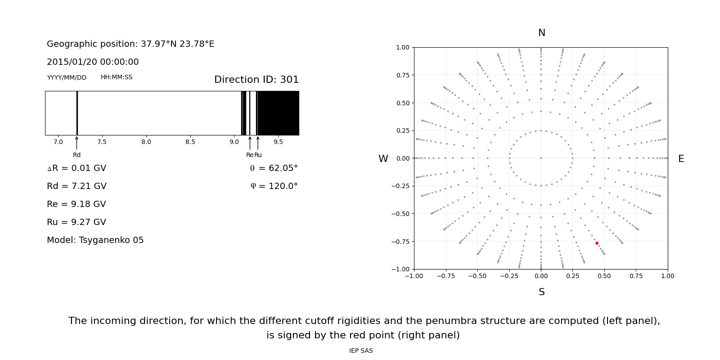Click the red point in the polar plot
pyautogui.click(x=597, y=243)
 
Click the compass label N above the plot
pyautogui.click(x=542, y=33)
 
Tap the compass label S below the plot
pyautogui.click(x=542, y=292)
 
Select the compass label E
pyautogui.click(x=681, y=159)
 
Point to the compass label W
pyautogui.click(x=383, y=159)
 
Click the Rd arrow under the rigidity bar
pyautogui.click(x=77, y=143)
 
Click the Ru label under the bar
pyautogui.click(x=258, y=155)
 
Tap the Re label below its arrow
pyautogui.click(x=249, y=155)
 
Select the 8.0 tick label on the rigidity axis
pyautogui.click(x=146, y=142)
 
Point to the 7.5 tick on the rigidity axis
pyautogui.click(x=102, y=142)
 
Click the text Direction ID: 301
pyautogui.click(x=256, y=80)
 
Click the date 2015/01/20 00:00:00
pyautogui.click(x=93, y=62)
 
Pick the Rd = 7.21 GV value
pyautogui.click(x=76, y=186)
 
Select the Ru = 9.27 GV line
pyautogui.click(x=76, y=222)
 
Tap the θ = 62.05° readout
pyautogui.click(x=274, y=168)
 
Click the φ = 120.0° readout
pyautogui.click(x=274, y=186)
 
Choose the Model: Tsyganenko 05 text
pyautogui.click(x=95, y=240)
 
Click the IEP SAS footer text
pyautogui.click(x=361, y=351)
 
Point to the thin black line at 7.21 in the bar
pyautogui.click(x=77, y=113)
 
